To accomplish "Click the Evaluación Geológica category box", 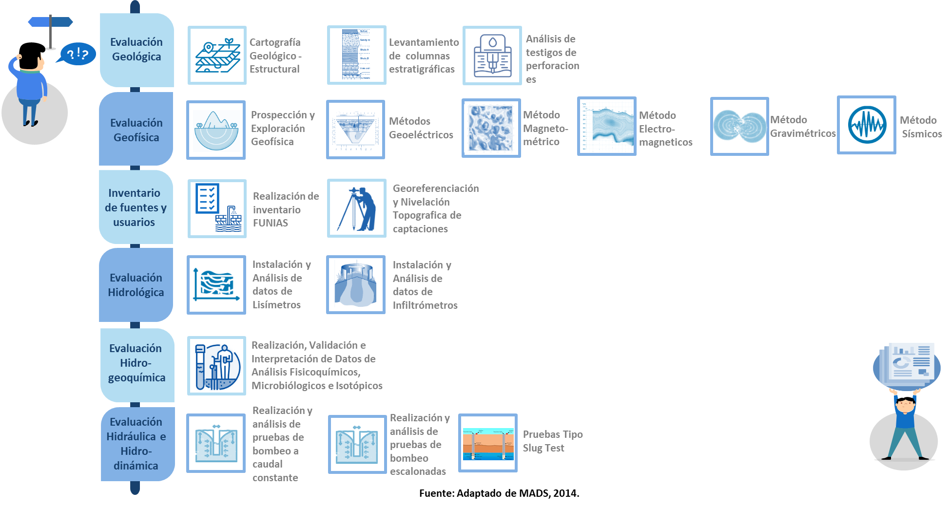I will (x=136, y=50).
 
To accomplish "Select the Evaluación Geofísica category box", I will (x=136, y=130).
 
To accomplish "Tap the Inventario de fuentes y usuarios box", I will (x=136, y=207).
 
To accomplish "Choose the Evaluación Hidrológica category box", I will (x=136, y=285).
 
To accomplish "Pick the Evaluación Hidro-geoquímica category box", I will (x=136, y=363).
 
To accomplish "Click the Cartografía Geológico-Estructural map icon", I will (x=217, y=56).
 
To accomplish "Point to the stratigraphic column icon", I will (x=356, y=55).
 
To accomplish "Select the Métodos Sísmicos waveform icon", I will (x=866, y=125).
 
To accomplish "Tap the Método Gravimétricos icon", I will (x=739, y=126).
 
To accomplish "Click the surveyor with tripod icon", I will (x=356, y=208).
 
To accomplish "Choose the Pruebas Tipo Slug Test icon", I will (x=488, y=443).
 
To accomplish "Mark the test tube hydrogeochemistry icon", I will (x=216, y=366).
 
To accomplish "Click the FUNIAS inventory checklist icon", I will (x=217, y=208).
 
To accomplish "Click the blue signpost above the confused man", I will (x=51, y=22).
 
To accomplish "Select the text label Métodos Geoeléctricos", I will (x=421, y=128).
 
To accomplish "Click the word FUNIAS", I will (x=270, y=223).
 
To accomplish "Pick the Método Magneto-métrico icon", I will (x=491, y=128).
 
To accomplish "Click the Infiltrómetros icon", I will (x=355, y=285).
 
